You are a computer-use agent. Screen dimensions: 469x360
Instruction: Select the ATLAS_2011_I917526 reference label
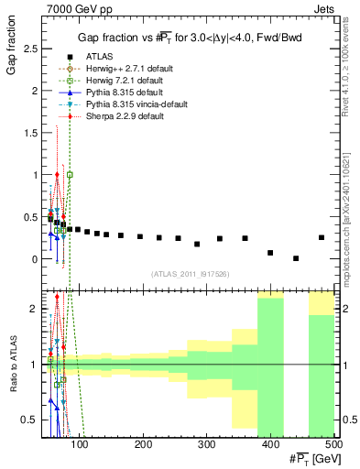[191, 274]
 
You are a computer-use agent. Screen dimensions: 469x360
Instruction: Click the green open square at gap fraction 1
[71, 174]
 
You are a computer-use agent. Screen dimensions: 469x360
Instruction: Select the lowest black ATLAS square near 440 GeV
[296, 258]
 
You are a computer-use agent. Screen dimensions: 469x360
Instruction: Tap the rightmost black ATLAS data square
[322, 237]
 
